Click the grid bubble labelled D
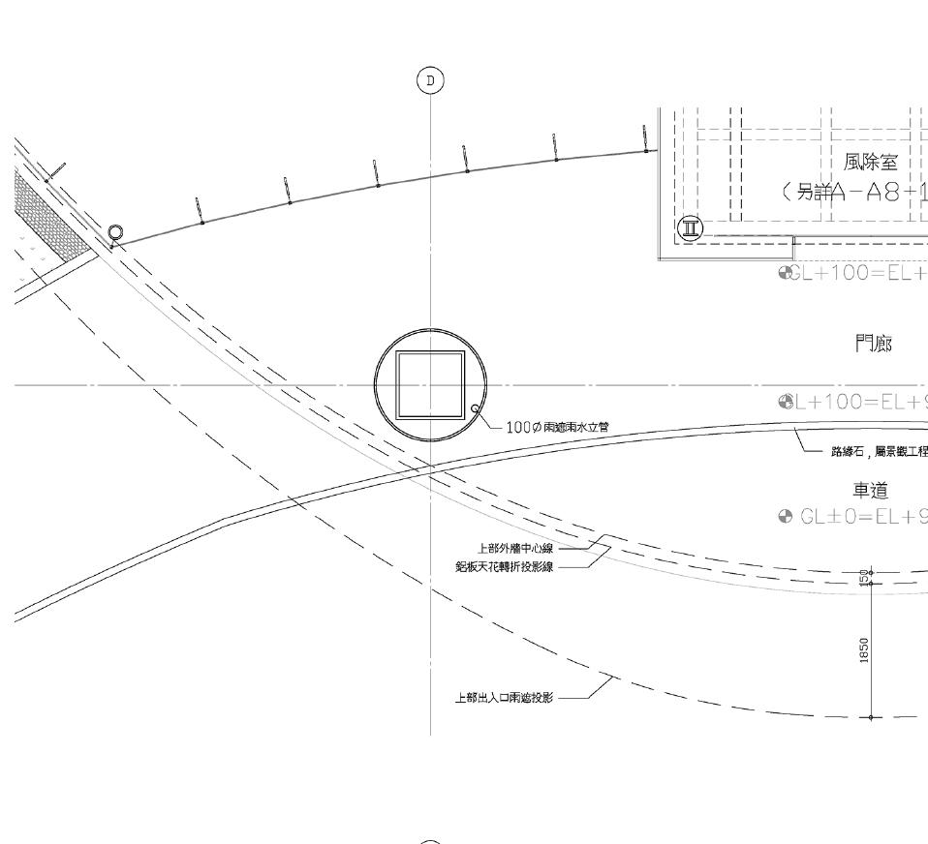pos(430,80)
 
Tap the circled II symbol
pos(691,228)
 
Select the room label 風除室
pos(871,163)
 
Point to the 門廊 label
pos(874,344)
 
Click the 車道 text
pos(871,492)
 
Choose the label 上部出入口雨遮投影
pos(504,697)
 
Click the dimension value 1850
pos(864,649)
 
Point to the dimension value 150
pos(864,577)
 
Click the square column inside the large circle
pos(430,384)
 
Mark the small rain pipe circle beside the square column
pos(475,409)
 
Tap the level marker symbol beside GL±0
pos(786,517)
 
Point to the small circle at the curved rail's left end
pos(116,232)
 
